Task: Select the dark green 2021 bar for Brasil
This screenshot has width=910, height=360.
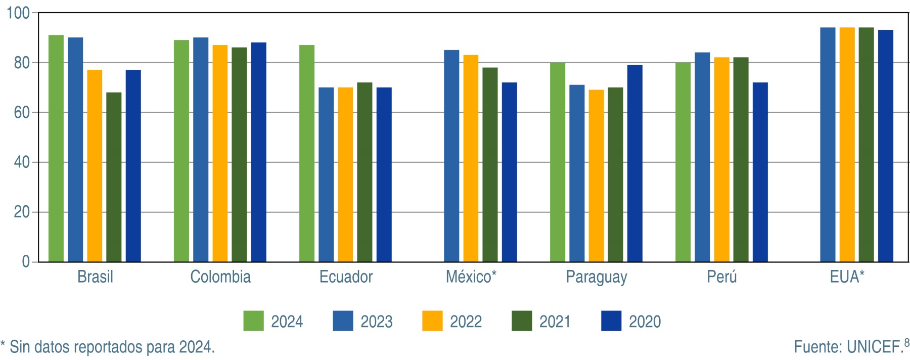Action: point(114,177)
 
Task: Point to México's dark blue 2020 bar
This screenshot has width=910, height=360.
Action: point(510,172)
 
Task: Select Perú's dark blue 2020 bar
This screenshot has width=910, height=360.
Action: point(760,172)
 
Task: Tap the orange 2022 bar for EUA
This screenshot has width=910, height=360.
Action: point(847,145)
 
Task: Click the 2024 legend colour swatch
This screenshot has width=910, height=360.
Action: point(253,321)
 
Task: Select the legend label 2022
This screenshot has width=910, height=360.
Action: point(466,322)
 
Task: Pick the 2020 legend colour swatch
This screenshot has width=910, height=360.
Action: point(611,321)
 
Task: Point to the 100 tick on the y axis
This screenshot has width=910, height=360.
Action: point(18,13)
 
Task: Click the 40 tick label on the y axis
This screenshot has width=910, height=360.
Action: point(22,162)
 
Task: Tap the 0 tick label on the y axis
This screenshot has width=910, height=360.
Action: point(26,262)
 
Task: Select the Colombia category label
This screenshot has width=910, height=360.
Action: point(220,277)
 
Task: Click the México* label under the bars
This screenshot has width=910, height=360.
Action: point(471,277)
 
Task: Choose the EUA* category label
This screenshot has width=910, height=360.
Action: point(847,277)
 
